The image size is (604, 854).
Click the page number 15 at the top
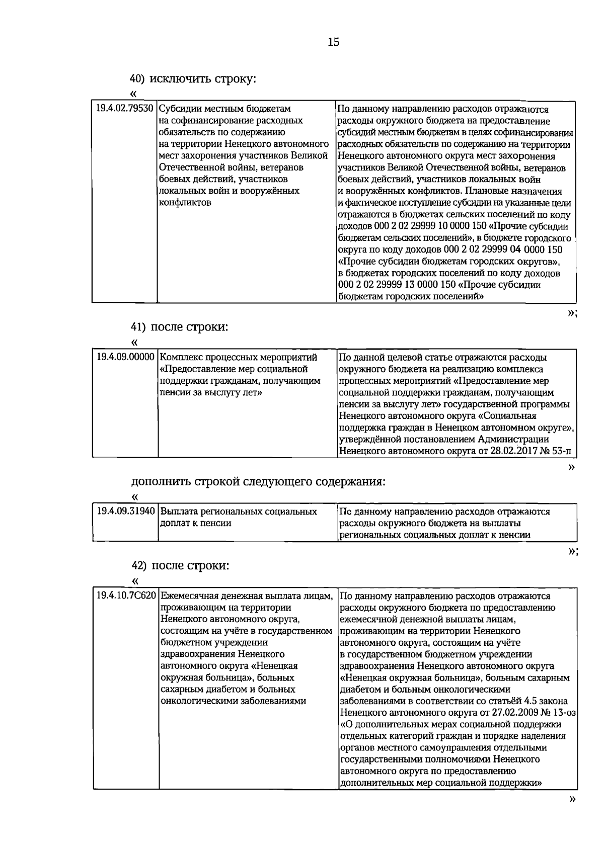pos(334,42)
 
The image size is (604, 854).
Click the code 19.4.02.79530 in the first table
pos(125,109)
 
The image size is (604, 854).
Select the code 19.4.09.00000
pos(125,358)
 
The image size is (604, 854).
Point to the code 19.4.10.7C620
pos(126,596)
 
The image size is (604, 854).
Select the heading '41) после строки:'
pos(180,327)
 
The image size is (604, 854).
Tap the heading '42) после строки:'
pos(180,565)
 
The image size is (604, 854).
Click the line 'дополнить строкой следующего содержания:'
pos(258,482)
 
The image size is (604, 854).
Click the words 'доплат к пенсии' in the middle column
pos(196,524)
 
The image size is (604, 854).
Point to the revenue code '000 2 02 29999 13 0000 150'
pos(397,285)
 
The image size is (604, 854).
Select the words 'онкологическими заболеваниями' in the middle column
pos(233,701)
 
